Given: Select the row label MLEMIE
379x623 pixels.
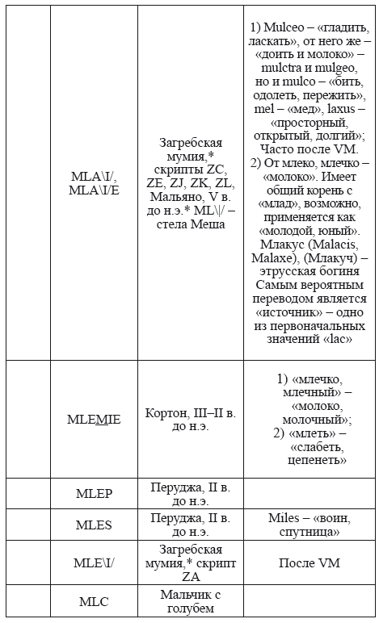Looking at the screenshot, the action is pos(94,419).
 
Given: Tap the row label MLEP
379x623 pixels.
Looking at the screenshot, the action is pos(94,495).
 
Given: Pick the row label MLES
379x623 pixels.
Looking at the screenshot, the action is pos(94,525).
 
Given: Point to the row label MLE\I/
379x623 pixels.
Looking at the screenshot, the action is pos(94,562).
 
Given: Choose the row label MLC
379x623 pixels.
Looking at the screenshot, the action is pos(94,601).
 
